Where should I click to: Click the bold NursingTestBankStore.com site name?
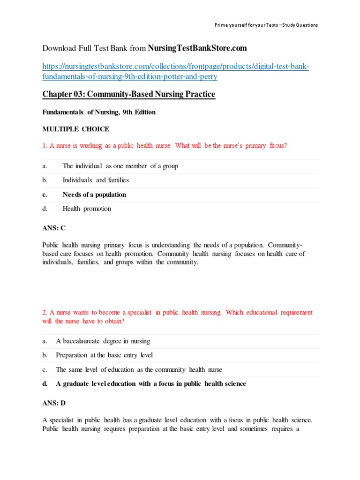197,48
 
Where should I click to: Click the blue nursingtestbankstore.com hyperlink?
176,72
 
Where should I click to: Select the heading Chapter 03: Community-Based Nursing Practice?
129,95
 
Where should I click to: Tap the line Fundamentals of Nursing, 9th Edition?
99,112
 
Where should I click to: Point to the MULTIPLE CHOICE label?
75,129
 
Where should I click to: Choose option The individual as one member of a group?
120,166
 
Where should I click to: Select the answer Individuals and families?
96,180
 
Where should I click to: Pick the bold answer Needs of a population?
94,195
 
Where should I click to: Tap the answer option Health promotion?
87,209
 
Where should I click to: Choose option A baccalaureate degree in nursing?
103,341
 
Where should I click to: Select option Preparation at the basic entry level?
104,355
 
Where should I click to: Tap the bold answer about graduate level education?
150,384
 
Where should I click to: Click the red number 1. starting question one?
45,146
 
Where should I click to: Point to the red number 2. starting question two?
45,313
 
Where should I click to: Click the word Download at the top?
59,48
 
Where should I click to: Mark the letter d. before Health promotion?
45,209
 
